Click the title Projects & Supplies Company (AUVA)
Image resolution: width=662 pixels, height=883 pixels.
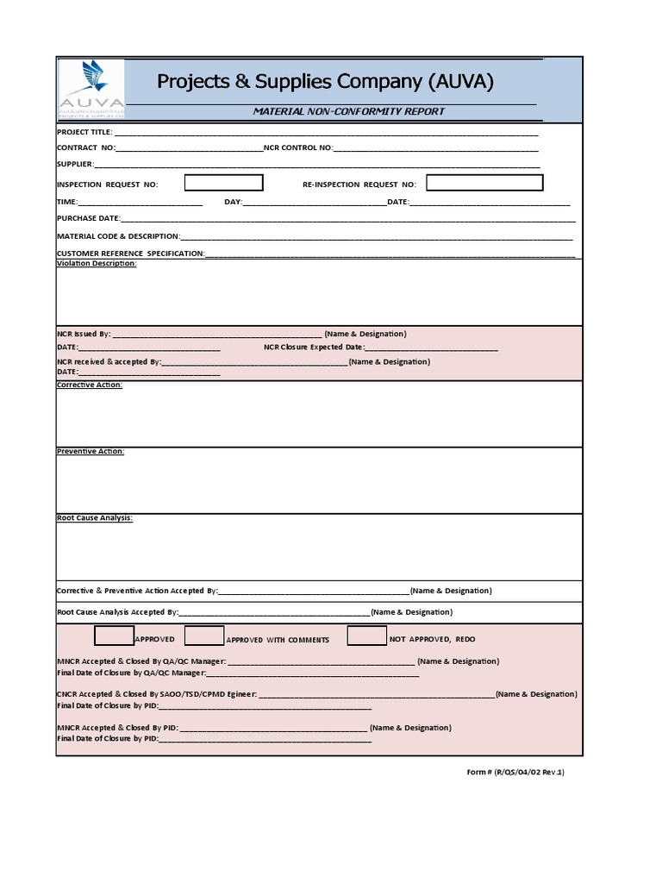click(x=325, y=82)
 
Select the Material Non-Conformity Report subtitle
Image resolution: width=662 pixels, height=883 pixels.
click(x=348, y=111)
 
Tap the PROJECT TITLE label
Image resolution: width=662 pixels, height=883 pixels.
click(x=84, y=132)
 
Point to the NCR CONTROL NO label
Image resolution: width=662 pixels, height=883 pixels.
click(x=297, y=147)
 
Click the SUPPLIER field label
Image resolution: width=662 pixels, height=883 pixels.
click(x=74, y=164)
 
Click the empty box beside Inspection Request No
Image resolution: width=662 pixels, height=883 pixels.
click(x=223, y=183)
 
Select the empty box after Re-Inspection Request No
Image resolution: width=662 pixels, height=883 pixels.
click(x=484, y=183)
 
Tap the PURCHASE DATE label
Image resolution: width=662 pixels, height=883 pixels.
click(x=88, y=218)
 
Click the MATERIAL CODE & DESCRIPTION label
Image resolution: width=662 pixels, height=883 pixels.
click(x=118, y=235)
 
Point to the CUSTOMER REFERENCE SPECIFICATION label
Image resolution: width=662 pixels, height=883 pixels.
click(x=130, y=254)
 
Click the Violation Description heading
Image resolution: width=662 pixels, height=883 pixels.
click(x=97, y=263)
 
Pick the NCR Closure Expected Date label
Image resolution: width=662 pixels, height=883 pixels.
click(x=314, y=347)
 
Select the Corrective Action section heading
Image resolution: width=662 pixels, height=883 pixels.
click(x=90, y=385)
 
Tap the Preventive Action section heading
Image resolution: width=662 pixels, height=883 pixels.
click(x=91, y=451)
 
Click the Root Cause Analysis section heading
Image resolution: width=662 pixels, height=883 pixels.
click(x=95, y=518)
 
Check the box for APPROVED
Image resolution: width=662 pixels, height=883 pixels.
click(x=113, y=636)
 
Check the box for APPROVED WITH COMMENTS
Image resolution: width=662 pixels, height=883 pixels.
click(x=204, y=636)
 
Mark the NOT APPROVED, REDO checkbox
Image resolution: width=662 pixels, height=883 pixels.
click(x=366, y=636)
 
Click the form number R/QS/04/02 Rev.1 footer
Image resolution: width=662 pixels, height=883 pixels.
click(x=515, y=772)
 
